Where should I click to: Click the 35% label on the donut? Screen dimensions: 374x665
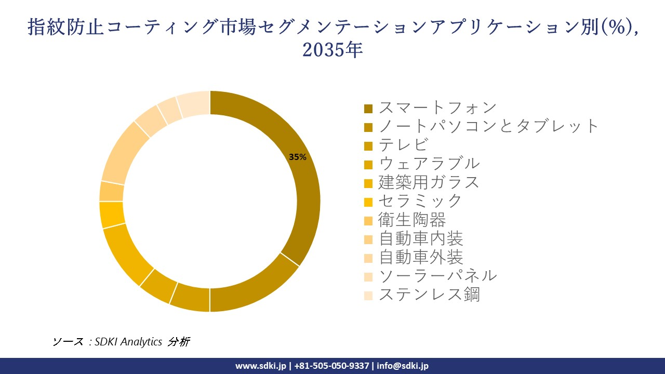pos(298,157)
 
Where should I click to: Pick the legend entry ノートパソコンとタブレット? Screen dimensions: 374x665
pos(489,126)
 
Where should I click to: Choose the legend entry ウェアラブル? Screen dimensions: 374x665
pos(429,164)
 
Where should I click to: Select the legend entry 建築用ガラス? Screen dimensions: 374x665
pos(429,182)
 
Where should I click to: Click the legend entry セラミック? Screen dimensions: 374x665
pos(420,201)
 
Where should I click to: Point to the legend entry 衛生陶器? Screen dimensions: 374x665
pos(412,220)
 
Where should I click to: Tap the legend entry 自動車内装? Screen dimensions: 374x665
pos(420,238)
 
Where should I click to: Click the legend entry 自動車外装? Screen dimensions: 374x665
pos(420,257)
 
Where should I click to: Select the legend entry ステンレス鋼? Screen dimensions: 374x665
pos(429,295)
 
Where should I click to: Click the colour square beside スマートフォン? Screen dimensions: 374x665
pos(368,109)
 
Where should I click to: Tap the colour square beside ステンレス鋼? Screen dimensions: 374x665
pos(368,296)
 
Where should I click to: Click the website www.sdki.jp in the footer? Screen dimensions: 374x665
pos(260,366)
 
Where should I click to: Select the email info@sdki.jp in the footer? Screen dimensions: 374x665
pos(403,366)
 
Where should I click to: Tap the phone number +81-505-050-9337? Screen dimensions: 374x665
pos(332,366)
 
